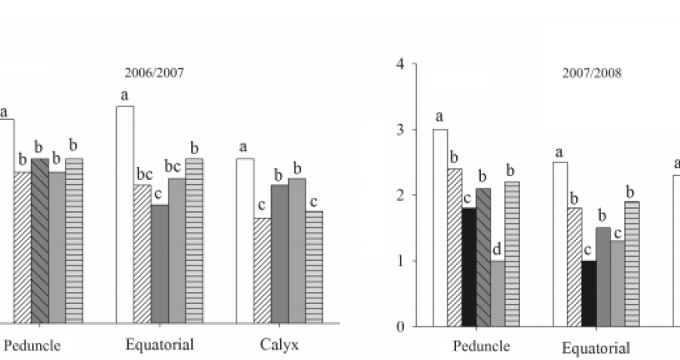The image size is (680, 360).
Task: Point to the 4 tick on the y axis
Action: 400,64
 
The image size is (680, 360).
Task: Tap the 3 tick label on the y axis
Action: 400,130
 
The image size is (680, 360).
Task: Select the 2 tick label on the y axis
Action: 400,195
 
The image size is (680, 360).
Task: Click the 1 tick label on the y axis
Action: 400,262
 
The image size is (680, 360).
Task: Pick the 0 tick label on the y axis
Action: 400,327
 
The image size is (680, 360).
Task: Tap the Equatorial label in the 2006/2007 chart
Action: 159,345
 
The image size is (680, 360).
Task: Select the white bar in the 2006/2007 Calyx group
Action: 245,240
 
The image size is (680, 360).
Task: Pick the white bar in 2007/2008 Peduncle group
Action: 440,227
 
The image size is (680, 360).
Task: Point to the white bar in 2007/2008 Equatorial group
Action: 560,244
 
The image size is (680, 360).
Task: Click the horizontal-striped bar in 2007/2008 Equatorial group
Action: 632,264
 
